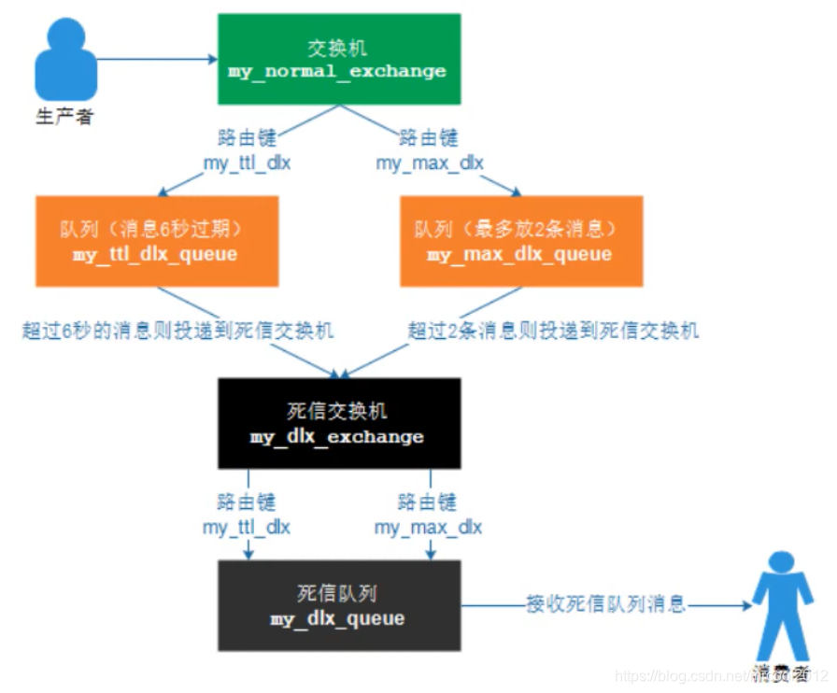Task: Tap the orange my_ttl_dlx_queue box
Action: pos(156,241)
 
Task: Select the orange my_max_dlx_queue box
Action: pos(520,241)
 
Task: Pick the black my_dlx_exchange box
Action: pos(337,423)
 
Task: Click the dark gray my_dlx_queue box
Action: pos(337,605)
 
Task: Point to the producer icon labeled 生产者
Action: pos(64,61)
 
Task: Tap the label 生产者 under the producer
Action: pos(64,118)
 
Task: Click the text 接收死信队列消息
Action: pos(605,604)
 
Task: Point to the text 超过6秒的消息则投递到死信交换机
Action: pos(177,331)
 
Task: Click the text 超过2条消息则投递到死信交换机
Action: pos(554,331)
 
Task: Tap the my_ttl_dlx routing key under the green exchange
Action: pos(247,163)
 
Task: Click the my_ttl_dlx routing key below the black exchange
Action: pos(247,527)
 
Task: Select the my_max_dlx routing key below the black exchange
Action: pos(429,527)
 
